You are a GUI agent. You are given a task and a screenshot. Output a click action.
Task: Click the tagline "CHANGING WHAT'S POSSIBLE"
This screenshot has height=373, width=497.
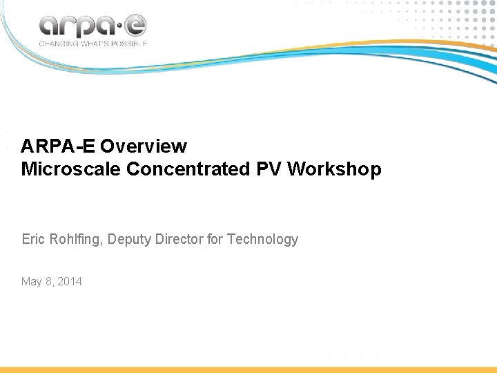[x=92, y=43]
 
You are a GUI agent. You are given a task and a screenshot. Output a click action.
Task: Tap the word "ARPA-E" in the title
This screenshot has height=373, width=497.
[x=58, y=146]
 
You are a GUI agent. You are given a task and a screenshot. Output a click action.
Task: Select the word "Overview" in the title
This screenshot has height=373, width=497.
[x=143, y=146]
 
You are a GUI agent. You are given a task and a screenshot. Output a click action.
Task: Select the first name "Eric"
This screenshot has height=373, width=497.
[x=33, y=240]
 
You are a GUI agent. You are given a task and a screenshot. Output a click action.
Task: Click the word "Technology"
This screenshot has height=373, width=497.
[x=262, y=240]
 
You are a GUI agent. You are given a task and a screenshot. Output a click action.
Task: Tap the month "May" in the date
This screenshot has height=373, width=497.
[x=32, y=282]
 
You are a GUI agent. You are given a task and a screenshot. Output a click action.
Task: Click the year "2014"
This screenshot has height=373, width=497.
[x=70, y=281]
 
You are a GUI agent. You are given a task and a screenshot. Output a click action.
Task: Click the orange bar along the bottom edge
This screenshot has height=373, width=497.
[x=248, y=370]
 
